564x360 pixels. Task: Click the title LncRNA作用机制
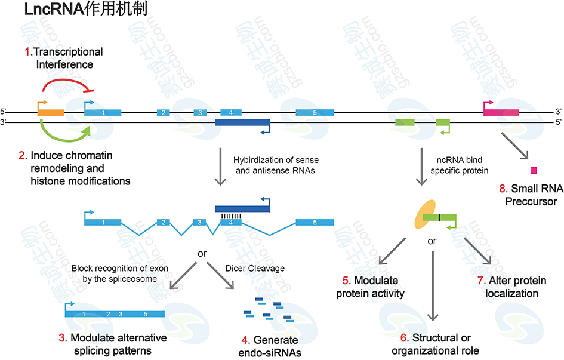pos(89,10)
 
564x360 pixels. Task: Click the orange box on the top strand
pos(51,112)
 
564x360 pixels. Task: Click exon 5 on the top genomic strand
pos(315,112)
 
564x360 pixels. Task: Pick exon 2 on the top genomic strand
pos(162,112)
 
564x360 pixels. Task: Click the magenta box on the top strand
pos(501,112)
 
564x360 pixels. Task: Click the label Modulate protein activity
pos(370,287)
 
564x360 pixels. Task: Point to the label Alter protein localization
pos(512,287)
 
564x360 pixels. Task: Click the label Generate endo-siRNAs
pos(267,346)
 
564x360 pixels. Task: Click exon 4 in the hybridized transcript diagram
pos(230,222)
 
